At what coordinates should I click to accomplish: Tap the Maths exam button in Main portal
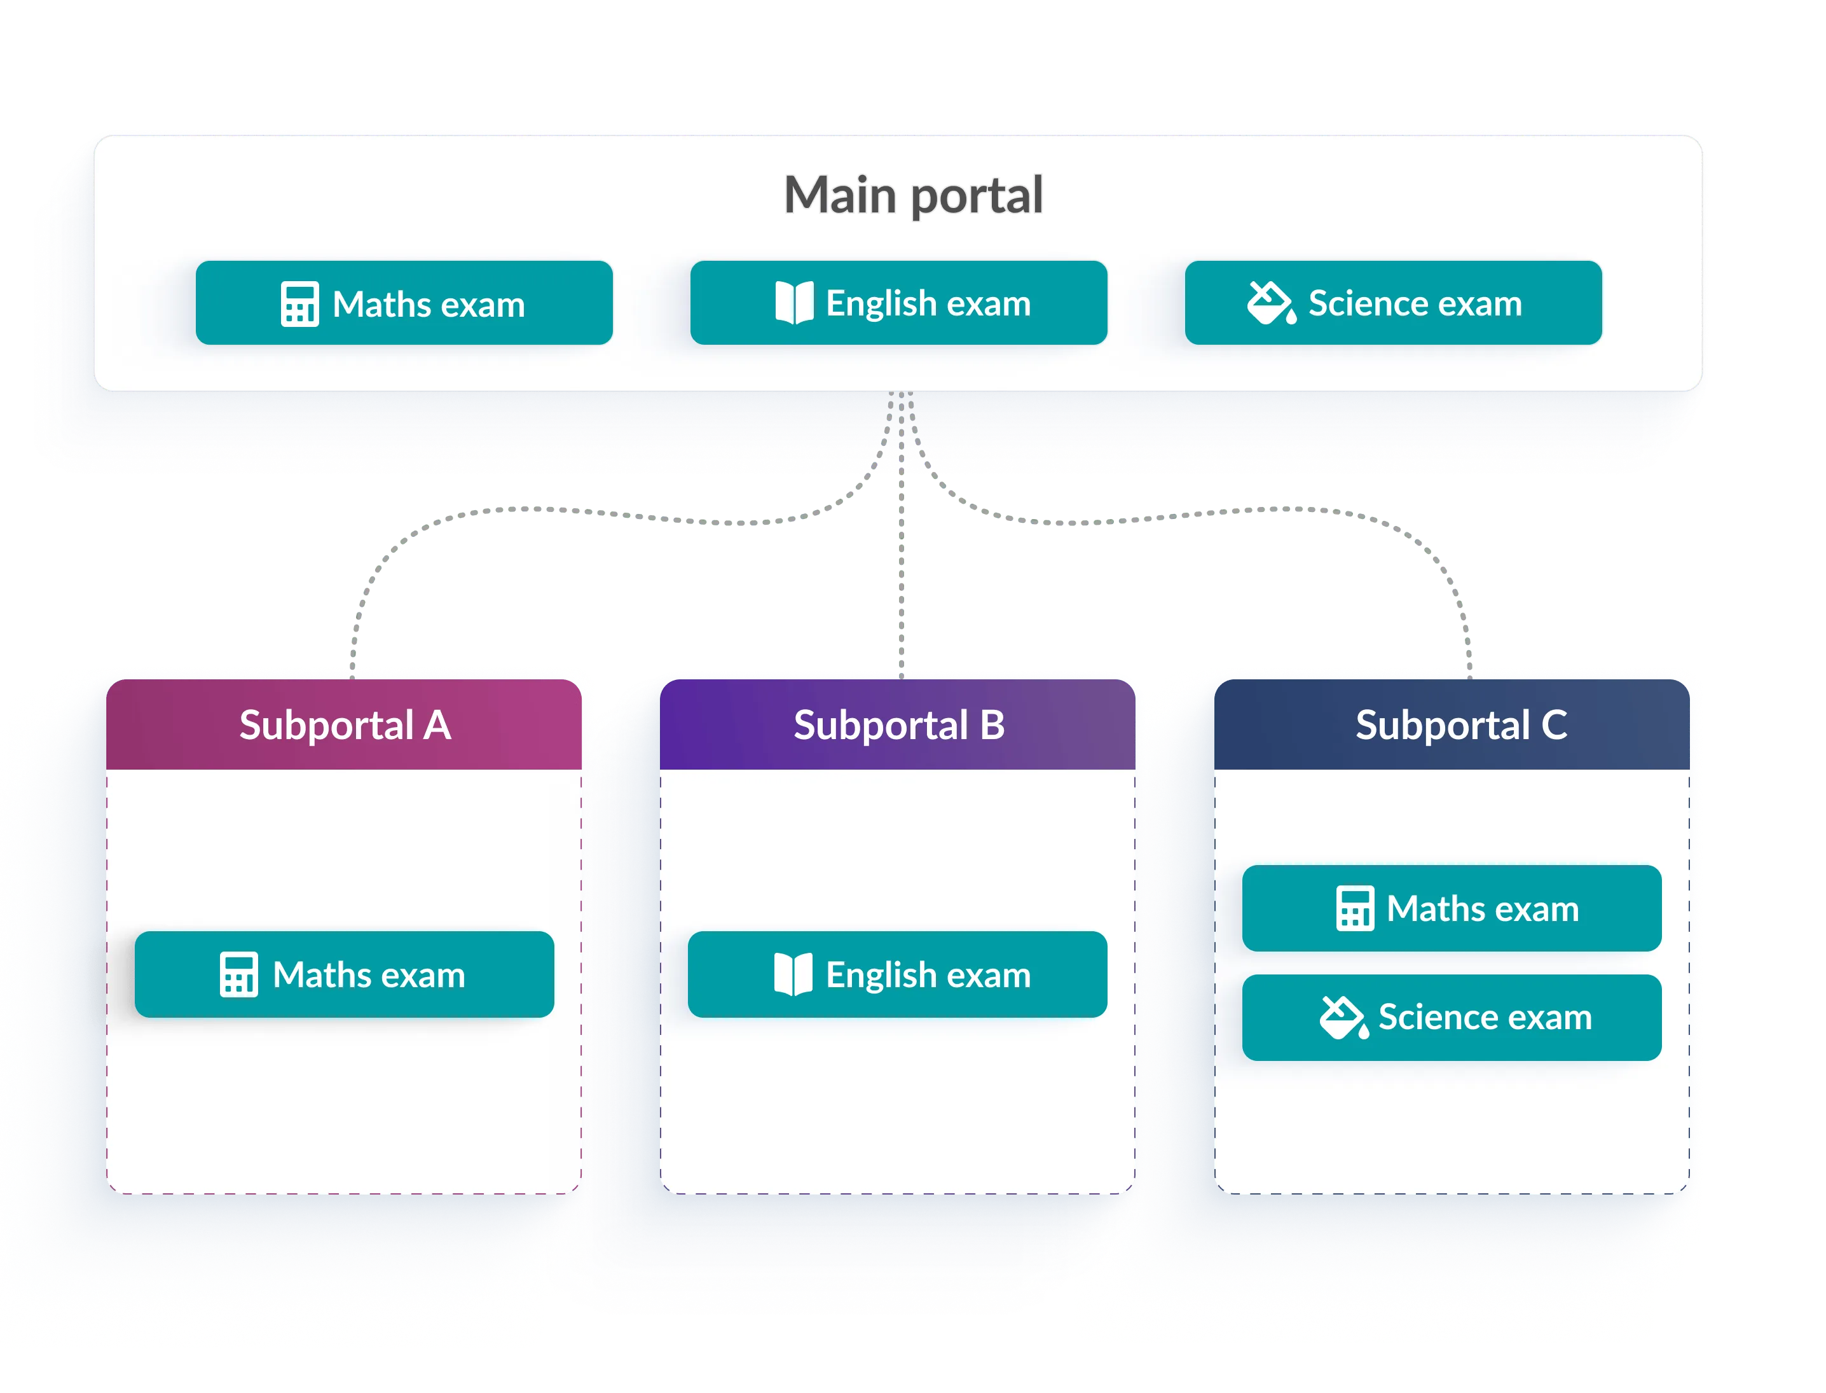pyautogui.click(x=404, y=303)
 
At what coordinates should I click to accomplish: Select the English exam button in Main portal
pyautogui.click(x=898, y=303)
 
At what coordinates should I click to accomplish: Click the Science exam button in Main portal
pyautogui.click(x=1392, y=303)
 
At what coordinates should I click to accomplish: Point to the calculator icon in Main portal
pyautogui.click(x=299, y=304)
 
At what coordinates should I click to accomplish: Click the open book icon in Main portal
pyautogui.click(x=794, y=303)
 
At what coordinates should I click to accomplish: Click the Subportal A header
pyautogui.click(x=344, y=724)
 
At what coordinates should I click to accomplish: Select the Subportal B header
pyautogui.click(x=898, y=724)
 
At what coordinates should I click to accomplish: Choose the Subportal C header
pyautogui.click(x=1452, y=724)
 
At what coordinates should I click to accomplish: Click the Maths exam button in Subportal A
pyautogui.click(x=344, y=974)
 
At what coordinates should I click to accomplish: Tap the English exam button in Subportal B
pyautogui.click(x=898, y=974)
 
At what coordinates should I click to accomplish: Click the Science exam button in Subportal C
pyautogui.click(x=1452, y=1017)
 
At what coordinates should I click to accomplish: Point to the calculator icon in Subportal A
pyautogui.click(x=238, y=974)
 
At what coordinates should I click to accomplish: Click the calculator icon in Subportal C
pyautogui.click(x=1356, y=909)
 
